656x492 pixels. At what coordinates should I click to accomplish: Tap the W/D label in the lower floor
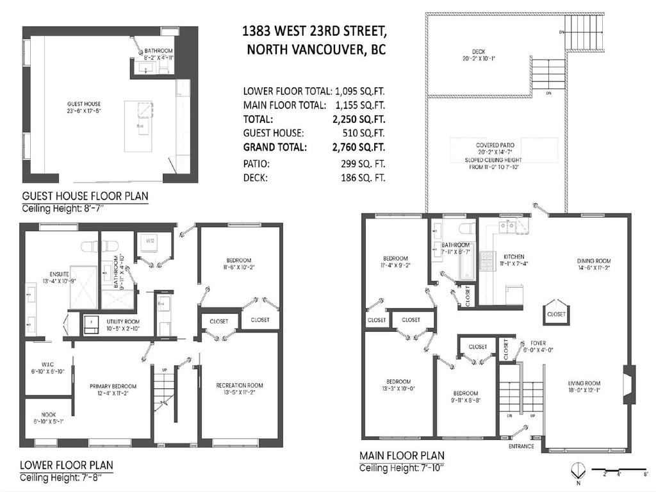click(x=151, y=242)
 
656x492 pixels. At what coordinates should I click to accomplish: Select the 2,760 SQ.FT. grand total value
click(x=363, y=147)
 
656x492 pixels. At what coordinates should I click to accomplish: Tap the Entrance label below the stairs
click(x=521, y=446)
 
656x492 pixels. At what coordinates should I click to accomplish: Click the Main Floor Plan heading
click(x=401, y=455)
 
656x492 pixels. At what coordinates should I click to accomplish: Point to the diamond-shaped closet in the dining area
click(x=555, y=311)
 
